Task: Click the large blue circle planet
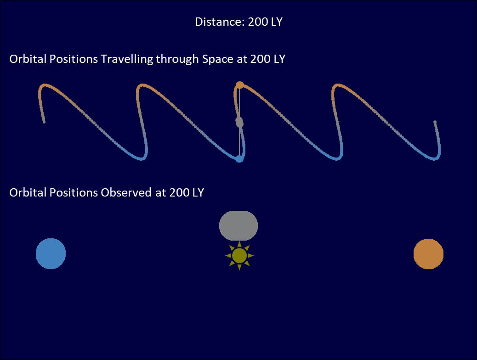51,253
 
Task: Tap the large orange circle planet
428,254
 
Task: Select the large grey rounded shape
238,225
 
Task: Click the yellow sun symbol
239,255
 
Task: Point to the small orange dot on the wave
240,85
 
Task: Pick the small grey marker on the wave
239,122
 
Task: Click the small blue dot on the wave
239,159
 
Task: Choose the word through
177,59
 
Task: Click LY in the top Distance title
277,22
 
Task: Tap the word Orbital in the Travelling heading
28,59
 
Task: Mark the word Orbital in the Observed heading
28,192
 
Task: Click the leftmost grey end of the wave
44,122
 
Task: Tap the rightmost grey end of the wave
435,122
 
